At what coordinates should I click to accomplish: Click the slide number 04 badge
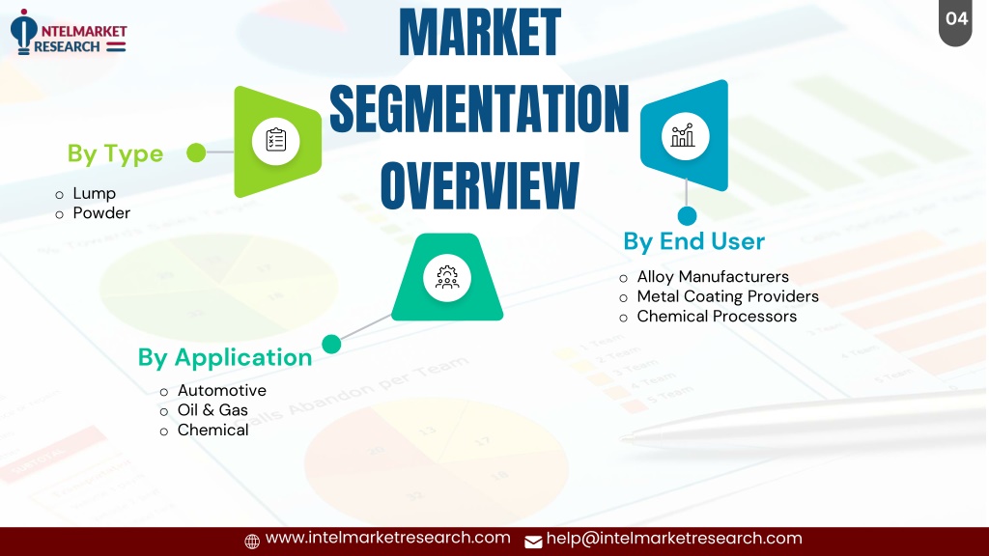(955, 21)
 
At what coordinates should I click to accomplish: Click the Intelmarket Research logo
(69, 32)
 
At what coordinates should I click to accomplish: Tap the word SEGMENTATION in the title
(479, 109)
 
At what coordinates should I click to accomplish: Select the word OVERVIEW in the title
(479, 185)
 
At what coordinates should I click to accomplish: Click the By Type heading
(116, 153)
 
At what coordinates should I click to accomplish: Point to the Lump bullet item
(94, 193)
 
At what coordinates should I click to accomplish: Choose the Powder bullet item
(101, 213)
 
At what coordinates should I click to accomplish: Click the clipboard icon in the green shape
(275, 141)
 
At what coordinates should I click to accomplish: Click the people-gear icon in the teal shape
(447, 277)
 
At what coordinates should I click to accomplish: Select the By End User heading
(693, 241)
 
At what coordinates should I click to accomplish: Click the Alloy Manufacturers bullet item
(713, 277)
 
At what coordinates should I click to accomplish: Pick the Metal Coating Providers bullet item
(728, 296)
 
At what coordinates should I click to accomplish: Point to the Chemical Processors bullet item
(717, 317)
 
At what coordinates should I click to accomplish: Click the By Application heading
(224, 358)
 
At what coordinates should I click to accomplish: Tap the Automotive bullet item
(221, 390)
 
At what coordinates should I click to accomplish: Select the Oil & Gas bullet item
(212, 409)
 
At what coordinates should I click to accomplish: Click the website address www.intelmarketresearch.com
(387, 538)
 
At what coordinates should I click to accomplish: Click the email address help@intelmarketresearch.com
(673, 539)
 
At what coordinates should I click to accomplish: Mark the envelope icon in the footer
(533, 542)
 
